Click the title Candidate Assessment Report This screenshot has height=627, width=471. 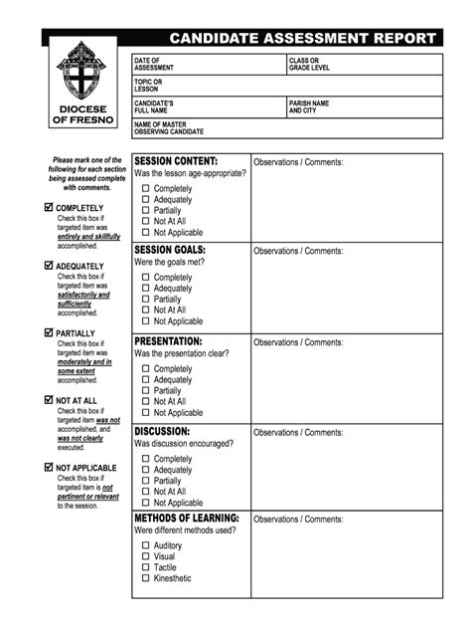click(302, 38)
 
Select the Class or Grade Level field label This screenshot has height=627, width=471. click(309, 64)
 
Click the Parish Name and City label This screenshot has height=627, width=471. click(309, 106)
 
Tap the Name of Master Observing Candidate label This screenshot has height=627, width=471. click(169, 127)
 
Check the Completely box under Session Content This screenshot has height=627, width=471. click(145, 188)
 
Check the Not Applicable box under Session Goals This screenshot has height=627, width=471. click(145, 321)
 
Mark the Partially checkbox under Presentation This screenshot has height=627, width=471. click(145, 390)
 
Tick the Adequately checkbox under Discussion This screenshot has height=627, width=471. click(145, 470)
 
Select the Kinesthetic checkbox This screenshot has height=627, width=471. click(145, 578)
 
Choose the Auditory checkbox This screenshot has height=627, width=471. click(145, 545)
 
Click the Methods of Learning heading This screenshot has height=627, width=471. click(187, 519)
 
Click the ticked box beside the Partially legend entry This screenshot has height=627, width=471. click(50, 333)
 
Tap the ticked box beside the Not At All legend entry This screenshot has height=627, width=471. click(50, 400)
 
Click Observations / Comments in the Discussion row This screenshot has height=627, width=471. click(298, 433)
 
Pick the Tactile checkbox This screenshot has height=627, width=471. click(145, 567)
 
